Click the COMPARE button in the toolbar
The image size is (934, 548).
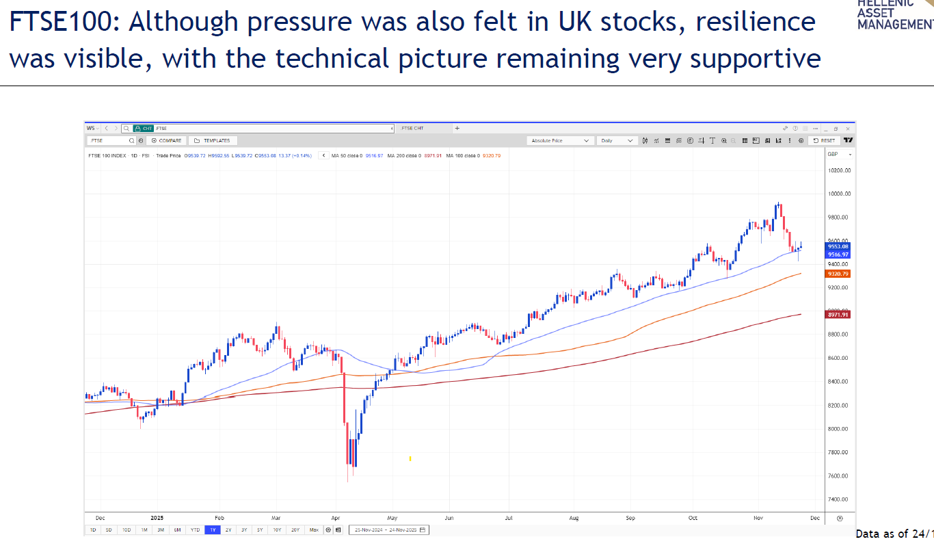tap(167, 140)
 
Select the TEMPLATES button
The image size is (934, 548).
tap(213, 140)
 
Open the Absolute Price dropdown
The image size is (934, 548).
tap(560, 140)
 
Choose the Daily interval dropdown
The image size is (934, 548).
tap(617, 140)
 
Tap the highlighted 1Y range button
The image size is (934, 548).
tap(213, 530)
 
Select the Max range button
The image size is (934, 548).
tap(314, 530)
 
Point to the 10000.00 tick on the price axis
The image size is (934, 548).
tap(839, 194)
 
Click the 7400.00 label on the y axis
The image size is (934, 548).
tap(839, 499)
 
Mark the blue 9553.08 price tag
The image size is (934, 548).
tap(838, 246)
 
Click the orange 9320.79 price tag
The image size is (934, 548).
tap(838, 274)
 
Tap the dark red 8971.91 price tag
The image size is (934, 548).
tap(838, 315)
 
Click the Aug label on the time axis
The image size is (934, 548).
tap(573, 519)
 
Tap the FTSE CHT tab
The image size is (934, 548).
tap(412, 128)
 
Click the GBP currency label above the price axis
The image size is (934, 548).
tap(833, 154)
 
